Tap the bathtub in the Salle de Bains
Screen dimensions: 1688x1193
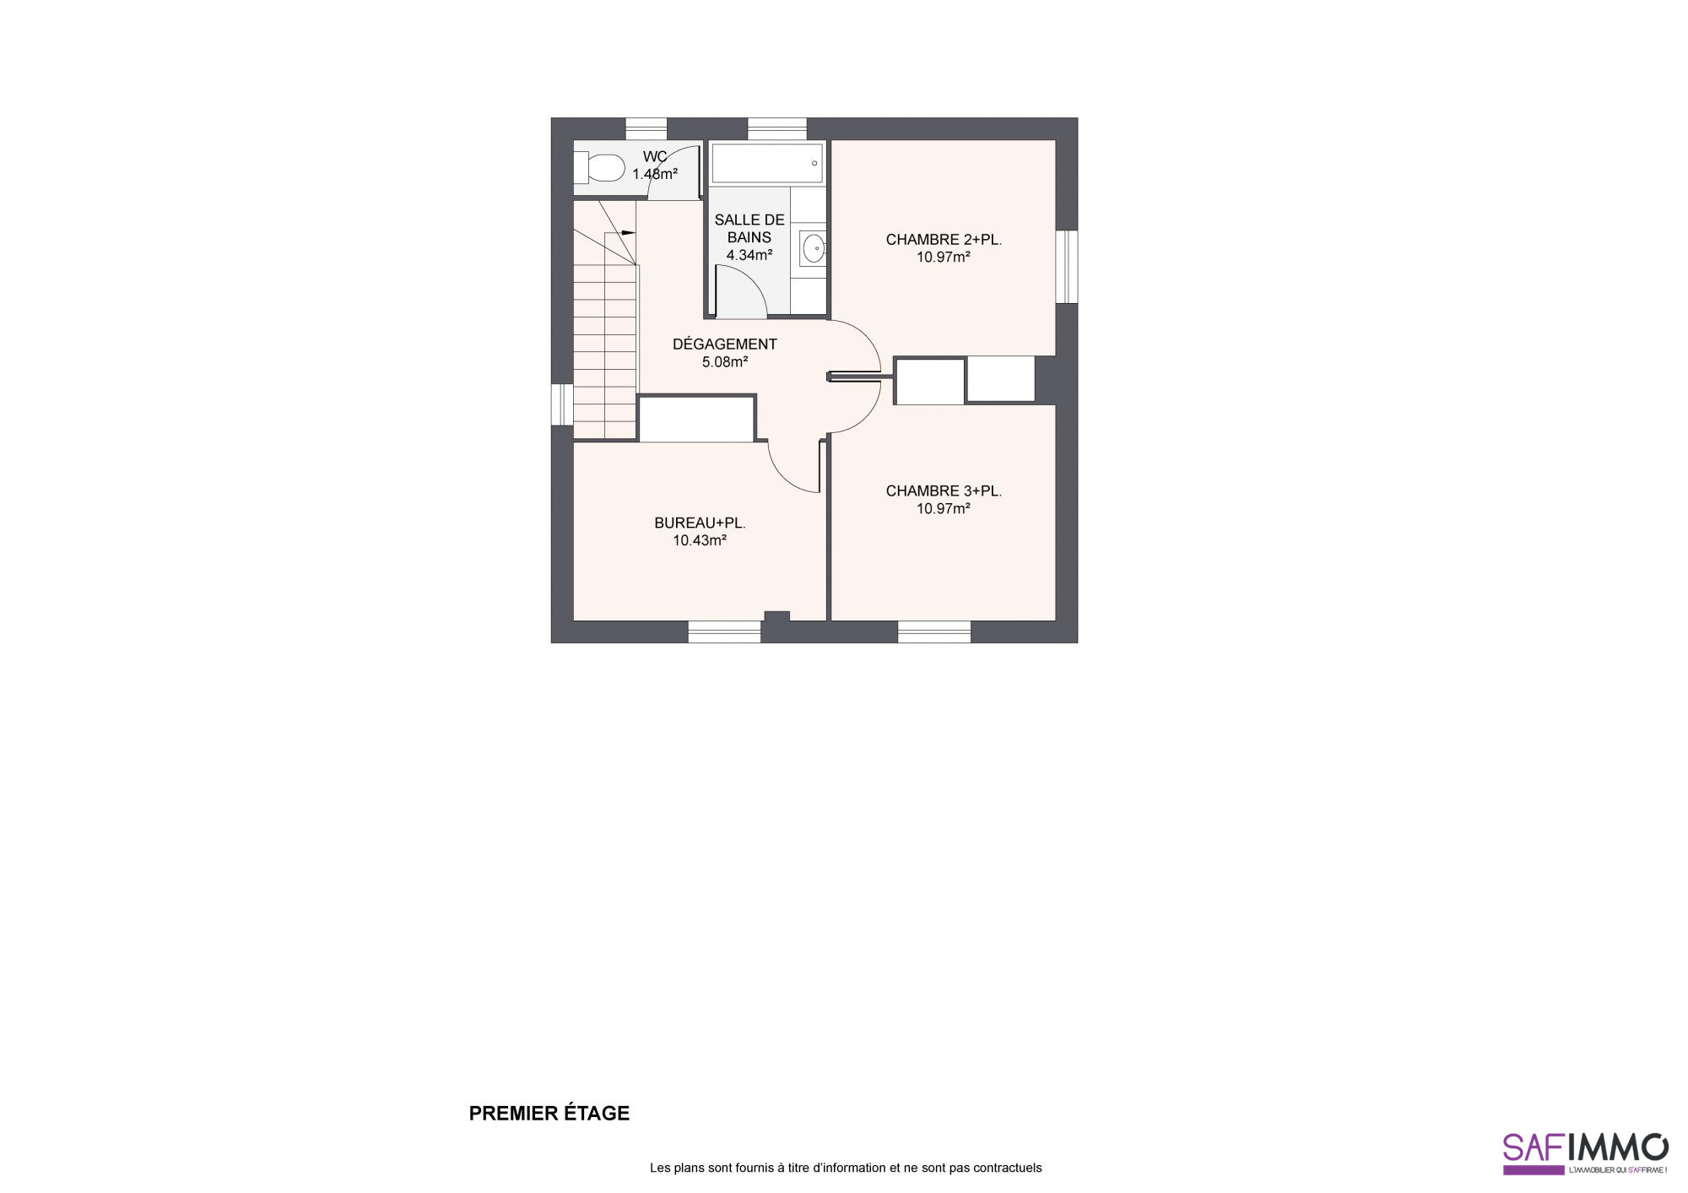(x=766, y=163)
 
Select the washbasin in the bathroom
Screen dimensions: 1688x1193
(x=813, y=247)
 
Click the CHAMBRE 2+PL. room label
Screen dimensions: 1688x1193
(x=944, y=240)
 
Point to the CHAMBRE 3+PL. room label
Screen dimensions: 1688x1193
(x=944, y=491)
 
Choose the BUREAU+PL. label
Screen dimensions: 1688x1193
(x=700, y=523)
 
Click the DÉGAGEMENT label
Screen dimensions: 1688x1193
(x=724, y=344)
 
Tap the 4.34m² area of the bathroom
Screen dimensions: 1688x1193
(x=749, y=255)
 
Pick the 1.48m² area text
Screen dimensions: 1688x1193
(x=655, y=174)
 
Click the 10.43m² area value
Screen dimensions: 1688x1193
(x=700, y=540)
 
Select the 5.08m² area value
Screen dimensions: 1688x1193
(x=724, y=362)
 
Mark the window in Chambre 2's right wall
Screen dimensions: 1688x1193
(x=1067, y=266)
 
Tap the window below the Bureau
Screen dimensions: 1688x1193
(x=724, y=632)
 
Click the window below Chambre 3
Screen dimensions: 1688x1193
(x=933, y=632)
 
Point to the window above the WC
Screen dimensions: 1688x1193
(x=646, y=128)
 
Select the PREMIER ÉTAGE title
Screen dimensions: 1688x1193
(x=549, y=1114)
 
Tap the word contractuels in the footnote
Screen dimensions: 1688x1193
(x=1008, y=1168)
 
